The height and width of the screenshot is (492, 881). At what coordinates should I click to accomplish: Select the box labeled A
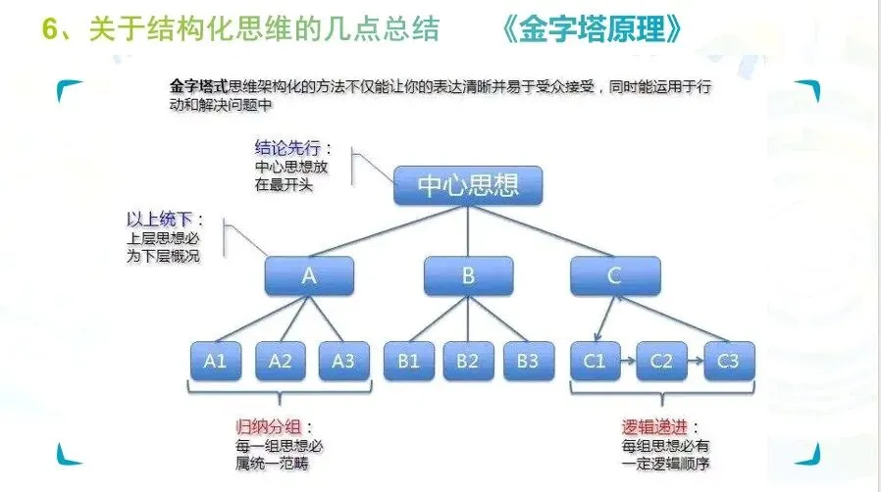(309, 276)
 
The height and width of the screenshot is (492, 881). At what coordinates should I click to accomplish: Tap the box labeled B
(468, 276)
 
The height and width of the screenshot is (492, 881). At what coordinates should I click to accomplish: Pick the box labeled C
(614, 276)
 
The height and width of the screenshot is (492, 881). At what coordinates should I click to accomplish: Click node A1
(216, 361)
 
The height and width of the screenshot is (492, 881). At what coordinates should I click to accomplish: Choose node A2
(280, 361)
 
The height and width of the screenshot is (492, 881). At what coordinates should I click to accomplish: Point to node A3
(343, 361)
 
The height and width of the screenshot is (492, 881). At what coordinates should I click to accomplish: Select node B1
(407, 361)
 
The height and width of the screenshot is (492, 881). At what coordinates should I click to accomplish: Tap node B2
(467, 361)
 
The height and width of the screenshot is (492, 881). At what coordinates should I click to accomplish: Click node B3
(528, 361)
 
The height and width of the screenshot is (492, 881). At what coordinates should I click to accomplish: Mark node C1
(595, 361)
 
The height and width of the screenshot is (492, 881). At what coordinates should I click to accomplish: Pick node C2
(661, 361)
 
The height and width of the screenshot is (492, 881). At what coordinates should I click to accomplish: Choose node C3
(728, 361)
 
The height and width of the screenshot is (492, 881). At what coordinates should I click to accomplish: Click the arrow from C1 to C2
(628, 361)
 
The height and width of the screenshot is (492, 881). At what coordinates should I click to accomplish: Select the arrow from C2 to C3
(695, 361)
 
